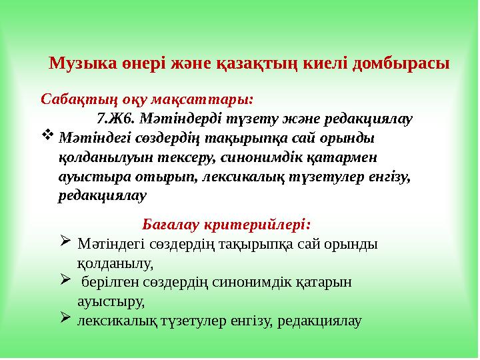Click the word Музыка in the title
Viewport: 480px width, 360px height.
click(78, 64)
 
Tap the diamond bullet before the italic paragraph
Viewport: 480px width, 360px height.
click(47, 136)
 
